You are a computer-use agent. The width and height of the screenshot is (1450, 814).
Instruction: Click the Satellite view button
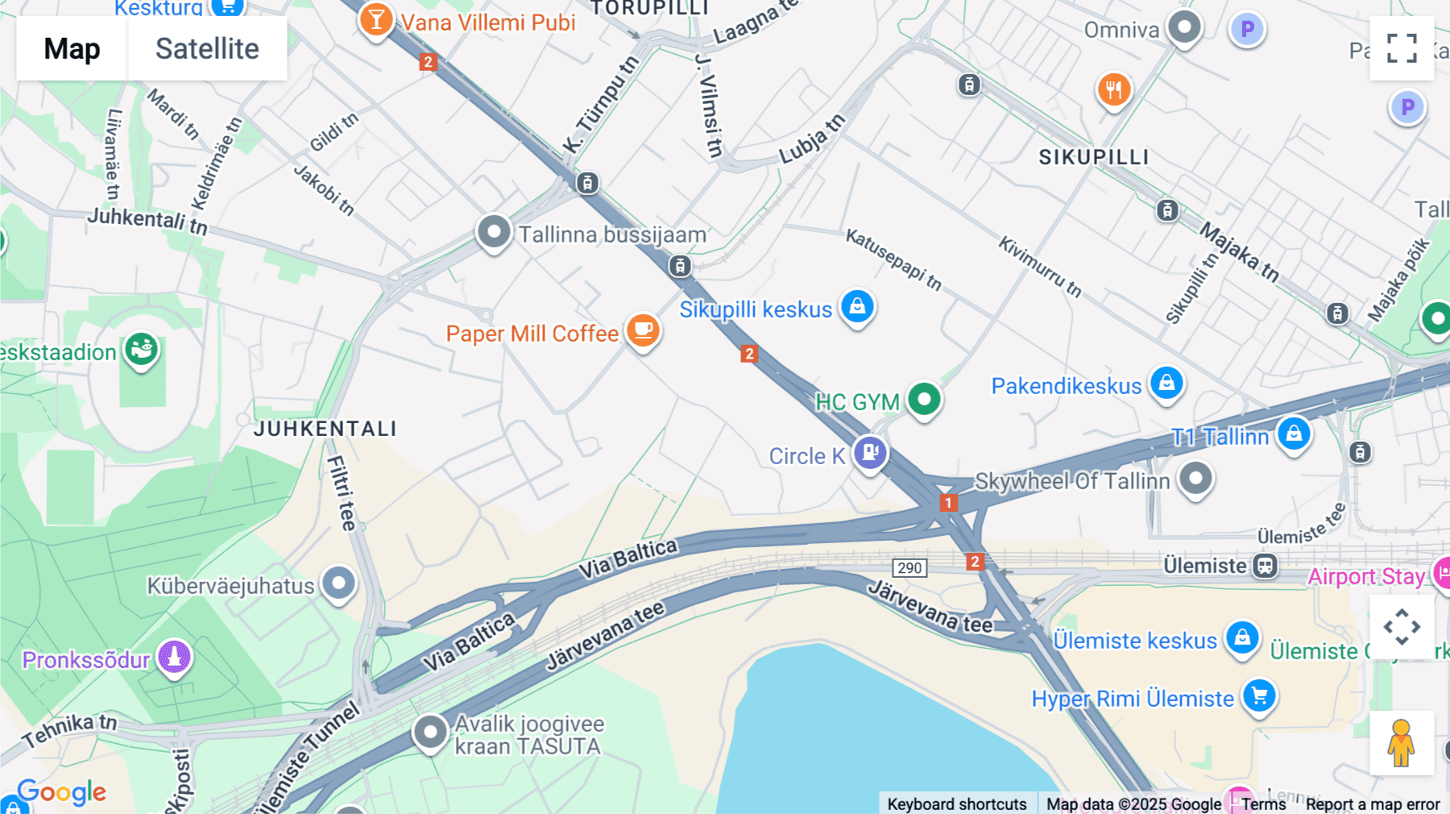point(207,48)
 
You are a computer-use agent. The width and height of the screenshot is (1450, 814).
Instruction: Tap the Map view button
point(72,48)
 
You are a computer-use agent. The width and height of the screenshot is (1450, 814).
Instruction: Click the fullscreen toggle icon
point(1402,48)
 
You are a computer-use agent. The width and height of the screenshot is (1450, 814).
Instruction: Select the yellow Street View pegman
point(1402,743)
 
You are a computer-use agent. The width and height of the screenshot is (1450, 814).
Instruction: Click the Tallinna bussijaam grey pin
point(494,232)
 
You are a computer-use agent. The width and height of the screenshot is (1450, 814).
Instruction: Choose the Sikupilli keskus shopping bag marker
point(858,307)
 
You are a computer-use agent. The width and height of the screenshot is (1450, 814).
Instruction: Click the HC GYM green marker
point(924,399)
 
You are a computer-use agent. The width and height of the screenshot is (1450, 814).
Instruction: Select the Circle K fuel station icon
point(870,453)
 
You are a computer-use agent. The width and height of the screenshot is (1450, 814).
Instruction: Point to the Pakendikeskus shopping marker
point(1166,384)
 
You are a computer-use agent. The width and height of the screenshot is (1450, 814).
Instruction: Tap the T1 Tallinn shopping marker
point(1294,434)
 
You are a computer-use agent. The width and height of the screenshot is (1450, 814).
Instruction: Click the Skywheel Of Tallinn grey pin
point(1195,479)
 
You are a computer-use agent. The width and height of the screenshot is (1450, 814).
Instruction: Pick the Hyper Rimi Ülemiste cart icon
point(1260,696)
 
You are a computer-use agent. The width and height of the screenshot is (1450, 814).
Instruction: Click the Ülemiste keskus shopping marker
point(1242,638)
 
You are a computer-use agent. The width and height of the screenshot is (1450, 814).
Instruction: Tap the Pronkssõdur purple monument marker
point(174,658)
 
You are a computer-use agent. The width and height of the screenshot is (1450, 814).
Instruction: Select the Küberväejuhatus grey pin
point(339,583)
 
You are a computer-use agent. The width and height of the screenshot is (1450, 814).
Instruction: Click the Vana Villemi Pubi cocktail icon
point(376,19)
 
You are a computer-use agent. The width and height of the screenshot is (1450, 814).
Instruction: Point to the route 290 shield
point(909,567)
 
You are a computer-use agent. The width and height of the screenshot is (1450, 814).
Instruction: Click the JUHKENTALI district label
point(325,429)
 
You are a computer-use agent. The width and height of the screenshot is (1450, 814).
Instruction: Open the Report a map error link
point(1373,804)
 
